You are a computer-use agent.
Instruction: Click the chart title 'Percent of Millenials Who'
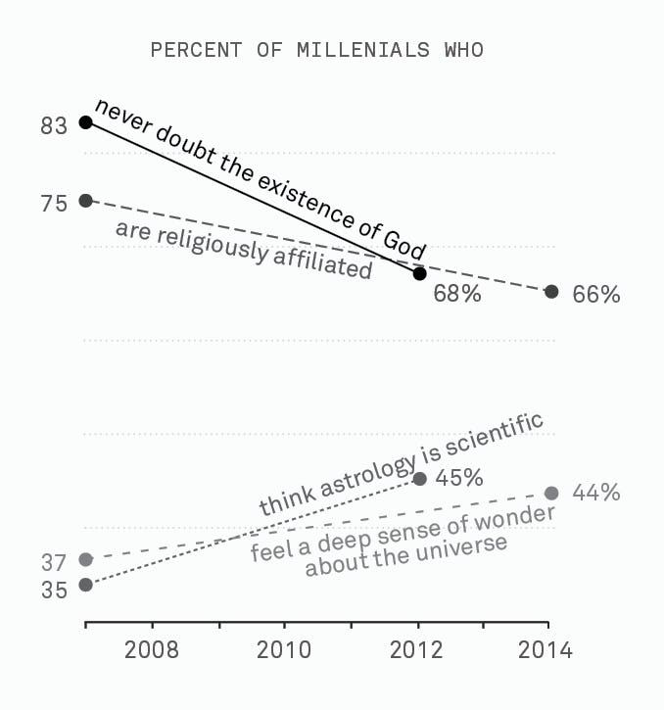pyautogui.click(x=316, y=49)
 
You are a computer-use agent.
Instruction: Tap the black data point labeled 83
pyautogui.click(x=86, y=122)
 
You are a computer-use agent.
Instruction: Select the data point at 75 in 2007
pyautogui.click(x=86, y=201)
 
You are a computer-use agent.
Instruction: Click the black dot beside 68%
pyautogui.click(x=419, y=274)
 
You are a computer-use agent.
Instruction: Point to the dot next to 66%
pyautogui.click(x=551, y=292)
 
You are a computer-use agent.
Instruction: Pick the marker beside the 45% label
pyautogui.click(x=419, y=478)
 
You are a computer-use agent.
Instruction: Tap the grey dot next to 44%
pyautogui.click(x=551, y=493)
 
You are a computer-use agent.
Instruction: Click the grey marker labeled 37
pyautogui.click(x=86, y=559)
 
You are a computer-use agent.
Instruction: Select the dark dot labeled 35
pyautogui.click(x=86, y=585)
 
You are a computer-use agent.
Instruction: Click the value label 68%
pyautogui.click(x=457, y=294)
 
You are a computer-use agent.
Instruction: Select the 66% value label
pyautogui.click(x=595, y=294)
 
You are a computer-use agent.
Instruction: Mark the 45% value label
pyautogui.click(x=459, y=478)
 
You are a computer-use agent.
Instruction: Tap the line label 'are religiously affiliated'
pyautogui.click(x=244, y=250)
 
